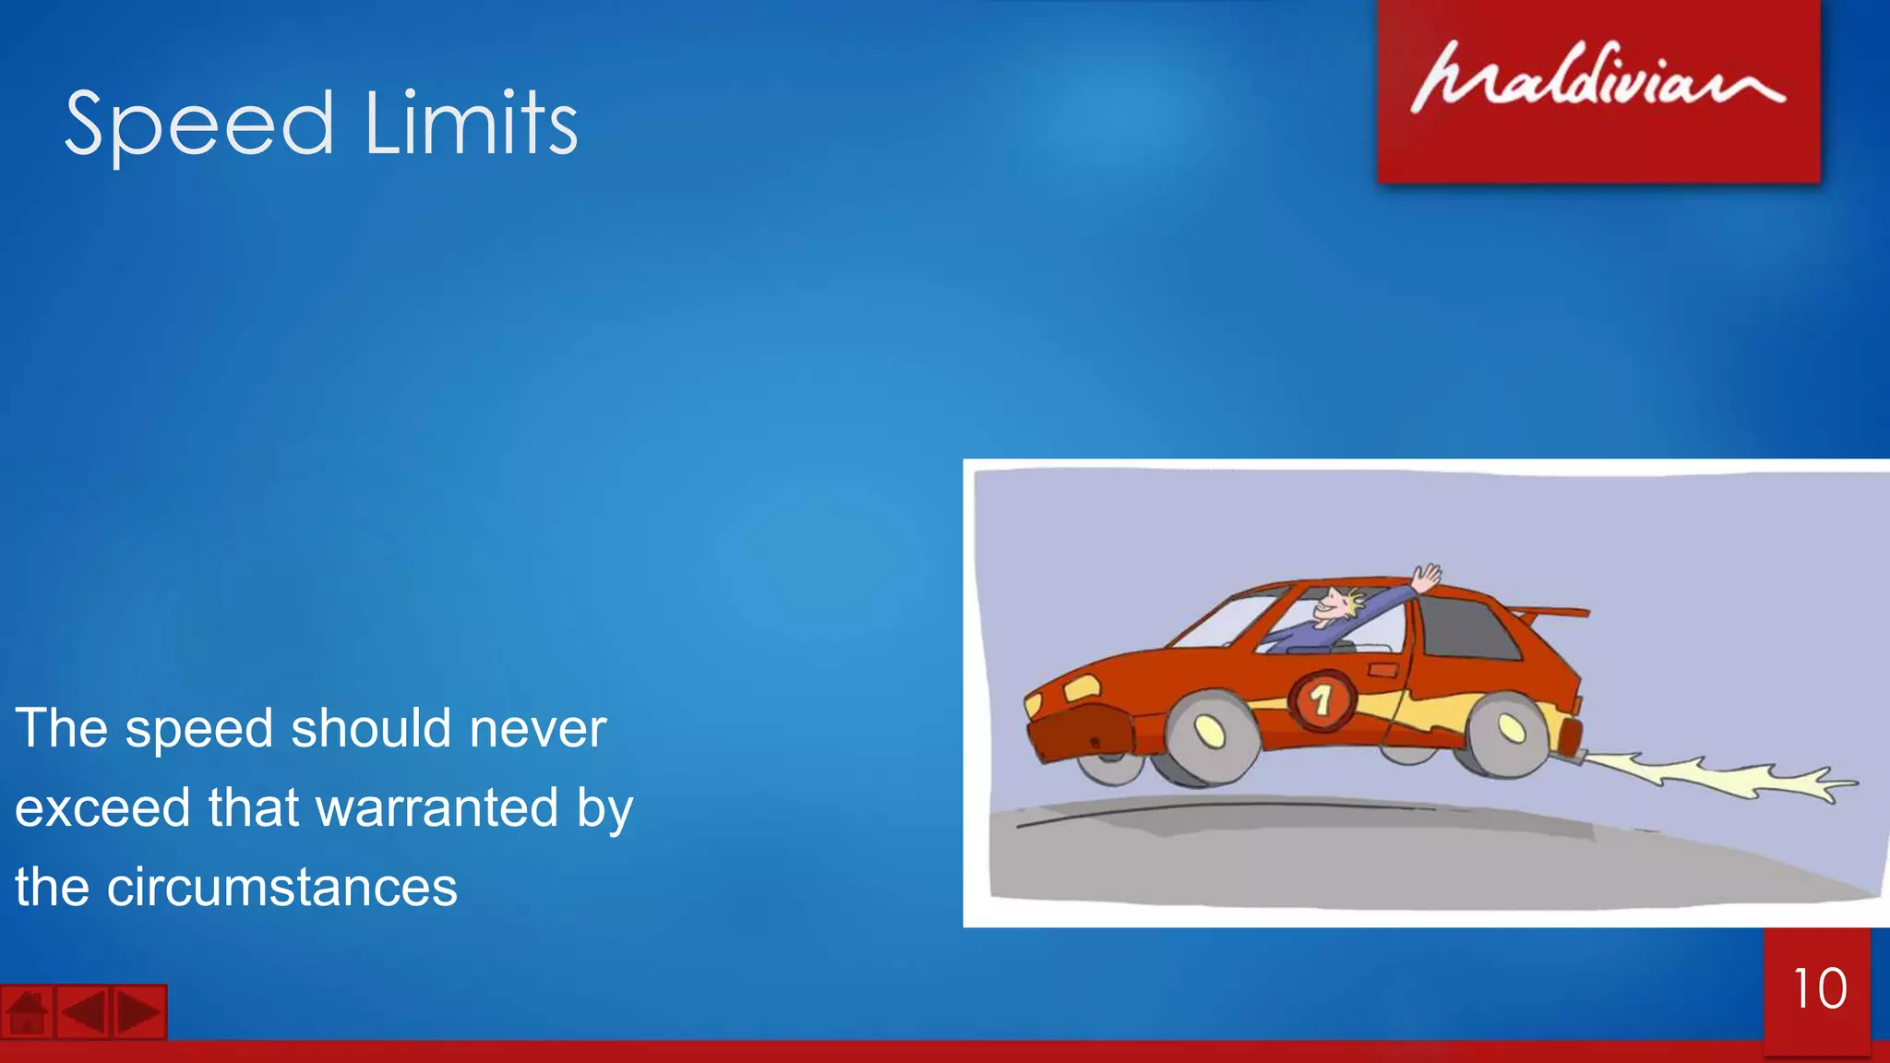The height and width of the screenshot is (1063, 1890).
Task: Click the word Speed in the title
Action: click(x=198, y=125)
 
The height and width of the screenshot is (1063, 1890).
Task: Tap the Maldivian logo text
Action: click(x=1597, y=78)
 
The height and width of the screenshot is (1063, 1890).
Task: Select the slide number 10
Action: click(x=1819, y=989)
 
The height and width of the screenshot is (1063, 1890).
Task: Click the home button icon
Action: click(x=28, y=1012)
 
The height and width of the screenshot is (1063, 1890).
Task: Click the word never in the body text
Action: click(x=537, y=728)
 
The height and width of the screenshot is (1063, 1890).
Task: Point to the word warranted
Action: click(x=437, y=808)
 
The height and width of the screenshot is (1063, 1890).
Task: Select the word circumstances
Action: click(x=281, y=888)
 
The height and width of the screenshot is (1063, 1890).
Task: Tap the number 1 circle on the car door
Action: click(x=1322, y=701)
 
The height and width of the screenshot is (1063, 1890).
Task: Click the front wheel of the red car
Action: click(x=1209, y=734)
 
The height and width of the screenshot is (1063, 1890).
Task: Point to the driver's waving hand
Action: click(x=1427, y=579)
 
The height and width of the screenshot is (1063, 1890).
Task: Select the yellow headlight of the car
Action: click(x=1081, y=687)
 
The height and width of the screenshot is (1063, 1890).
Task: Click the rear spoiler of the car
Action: click(x=1550, y=612)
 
